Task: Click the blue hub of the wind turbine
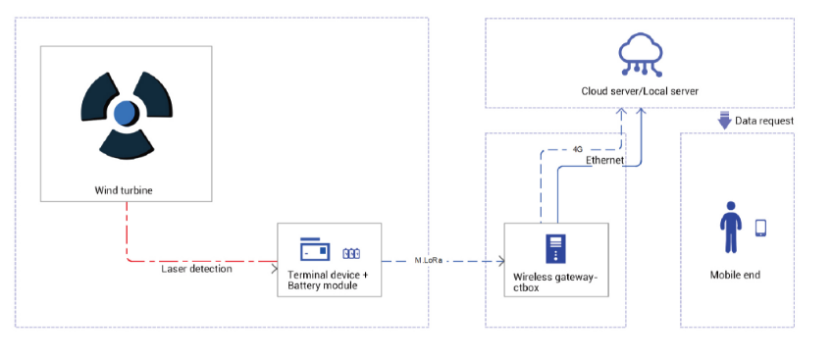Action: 125,113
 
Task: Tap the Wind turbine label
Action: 124,190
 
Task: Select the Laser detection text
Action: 196,269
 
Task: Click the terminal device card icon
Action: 315,248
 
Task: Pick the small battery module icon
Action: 351,254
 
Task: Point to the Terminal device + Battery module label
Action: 328,281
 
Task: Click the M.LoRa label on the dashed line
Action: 428,260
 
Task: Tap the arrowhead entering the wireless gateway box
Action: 500,261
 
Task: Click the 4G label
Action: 578,149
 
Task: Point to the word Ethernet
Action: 604,160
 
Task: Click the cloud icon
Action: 640,53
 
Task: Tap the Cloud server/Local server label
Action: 640,91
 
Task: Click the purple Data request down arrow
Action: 724,121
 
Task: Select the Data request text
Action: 764,121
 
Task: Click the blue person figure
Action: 730,227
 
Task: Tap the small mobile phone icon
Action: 760,228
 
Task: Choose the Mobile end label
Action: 735,275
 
